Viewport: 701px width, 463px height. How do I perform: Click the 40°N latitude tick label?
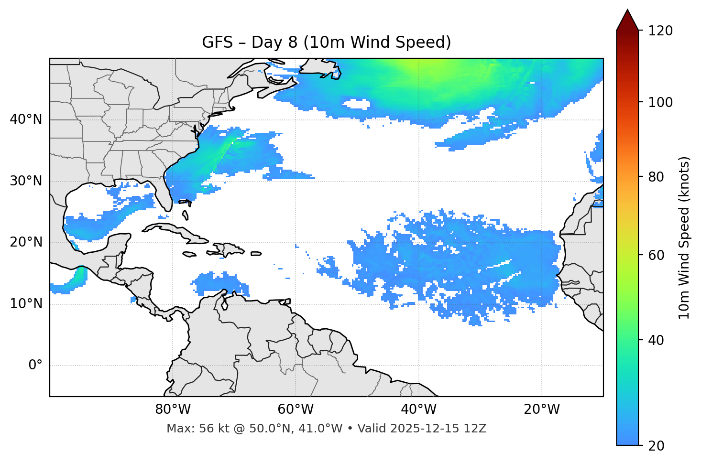point(26,119)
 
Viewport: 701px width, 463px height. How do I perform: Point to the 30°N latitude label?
point(26,181)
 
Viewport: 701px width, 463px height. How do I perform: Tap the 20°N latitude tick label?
point(26,242)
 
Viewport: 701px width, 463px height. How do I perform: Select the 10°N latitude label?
point(26,304)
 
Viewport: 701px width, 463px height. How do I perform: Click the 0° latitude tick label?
point(35,366)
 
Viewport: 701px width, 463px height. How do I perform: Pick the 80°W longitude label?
point(173,409)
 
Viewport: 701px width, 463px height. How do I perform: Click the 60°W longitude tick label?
point(296,409)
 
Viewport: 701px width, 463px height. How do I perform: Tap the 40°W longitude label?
point(418,409)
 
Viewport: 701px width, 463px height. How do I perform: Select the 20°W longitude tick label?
point(542,409)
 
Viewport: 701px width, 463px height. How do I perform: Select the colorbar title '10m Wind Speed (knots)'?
point(684,237)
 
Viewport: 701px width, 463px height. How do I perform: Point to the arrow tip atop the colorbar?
point(627,11)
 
